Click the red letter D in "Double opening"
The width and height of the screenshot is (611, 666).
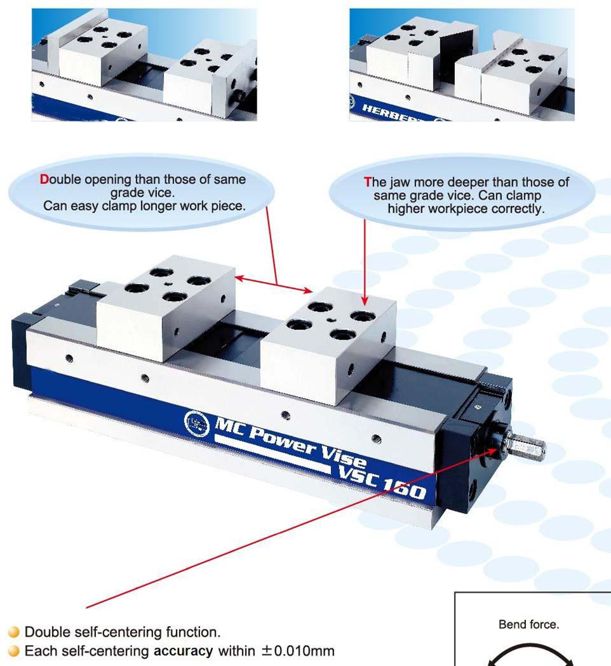point(44,179)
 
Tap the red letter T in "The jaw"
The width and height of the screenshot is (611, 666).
point(368,182)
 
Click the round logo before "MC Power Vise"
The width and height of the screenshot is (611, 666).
point(197,423)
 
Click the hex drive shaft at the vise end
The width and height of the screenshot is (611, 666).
point(526,446)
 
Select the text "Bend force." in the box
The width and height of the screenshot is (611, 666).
point(528,624)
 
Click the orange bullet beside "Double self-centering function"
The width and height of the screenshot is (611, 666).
point(14,632)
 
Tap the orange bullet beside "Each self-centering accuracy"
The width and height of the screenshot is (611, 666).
point(14,651)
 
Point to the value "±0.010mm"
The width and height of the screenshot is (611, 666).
point(298,651)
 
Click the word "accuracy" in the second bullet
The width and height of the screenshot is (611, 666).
point(183,651)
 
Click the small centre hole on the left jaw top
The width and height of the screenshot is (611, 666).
point(168,284)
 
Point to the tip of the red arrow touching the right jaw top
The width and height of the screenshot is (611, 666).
point(365,305)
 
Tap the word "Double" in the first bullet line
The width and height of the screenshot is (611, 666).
point(47,632)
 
